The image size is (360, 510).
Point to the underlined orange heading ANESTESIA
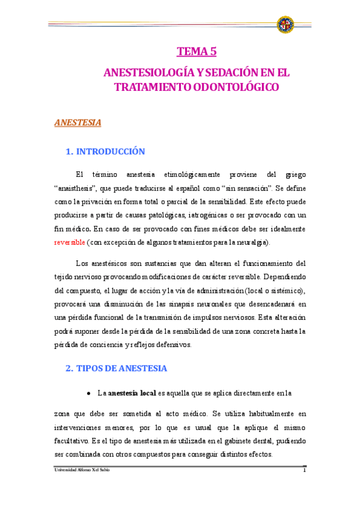tap(78, 123)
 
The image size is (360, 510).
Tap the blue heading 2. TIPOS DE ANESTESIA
tap(116, 368)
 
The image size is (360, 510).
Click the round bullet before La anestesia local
tap(89, 393)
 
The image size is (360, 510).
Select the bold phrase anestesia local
tap(131, 393)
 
